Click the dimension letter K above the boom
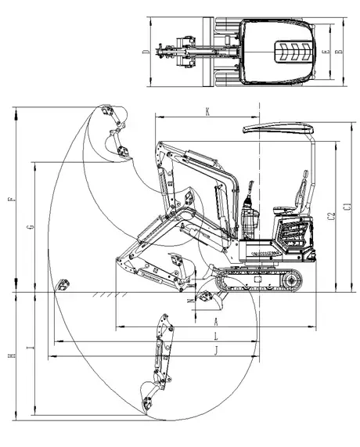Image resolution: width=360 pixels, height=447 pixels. click(207, 112)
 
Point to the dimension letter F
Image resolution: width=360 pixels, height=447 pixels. click(11, 200)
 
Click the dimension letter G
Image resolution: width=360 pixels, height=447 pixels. click(30, 226)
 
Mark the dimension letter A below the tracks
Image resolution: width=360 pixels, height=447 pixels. click(217, 321)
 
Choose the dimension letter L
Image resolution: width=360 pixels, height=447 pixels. click(217, 336)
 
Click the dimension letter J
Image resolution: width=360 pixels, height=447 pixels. click(217, 350)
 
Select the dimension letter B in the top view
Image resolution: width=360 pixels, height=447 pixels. click(337, 52)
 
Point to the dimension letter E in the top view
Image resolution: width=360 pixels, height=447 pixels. click(326, 52)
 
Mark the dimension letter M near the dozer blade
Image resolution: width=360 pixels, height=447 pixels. click(190, 300)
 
